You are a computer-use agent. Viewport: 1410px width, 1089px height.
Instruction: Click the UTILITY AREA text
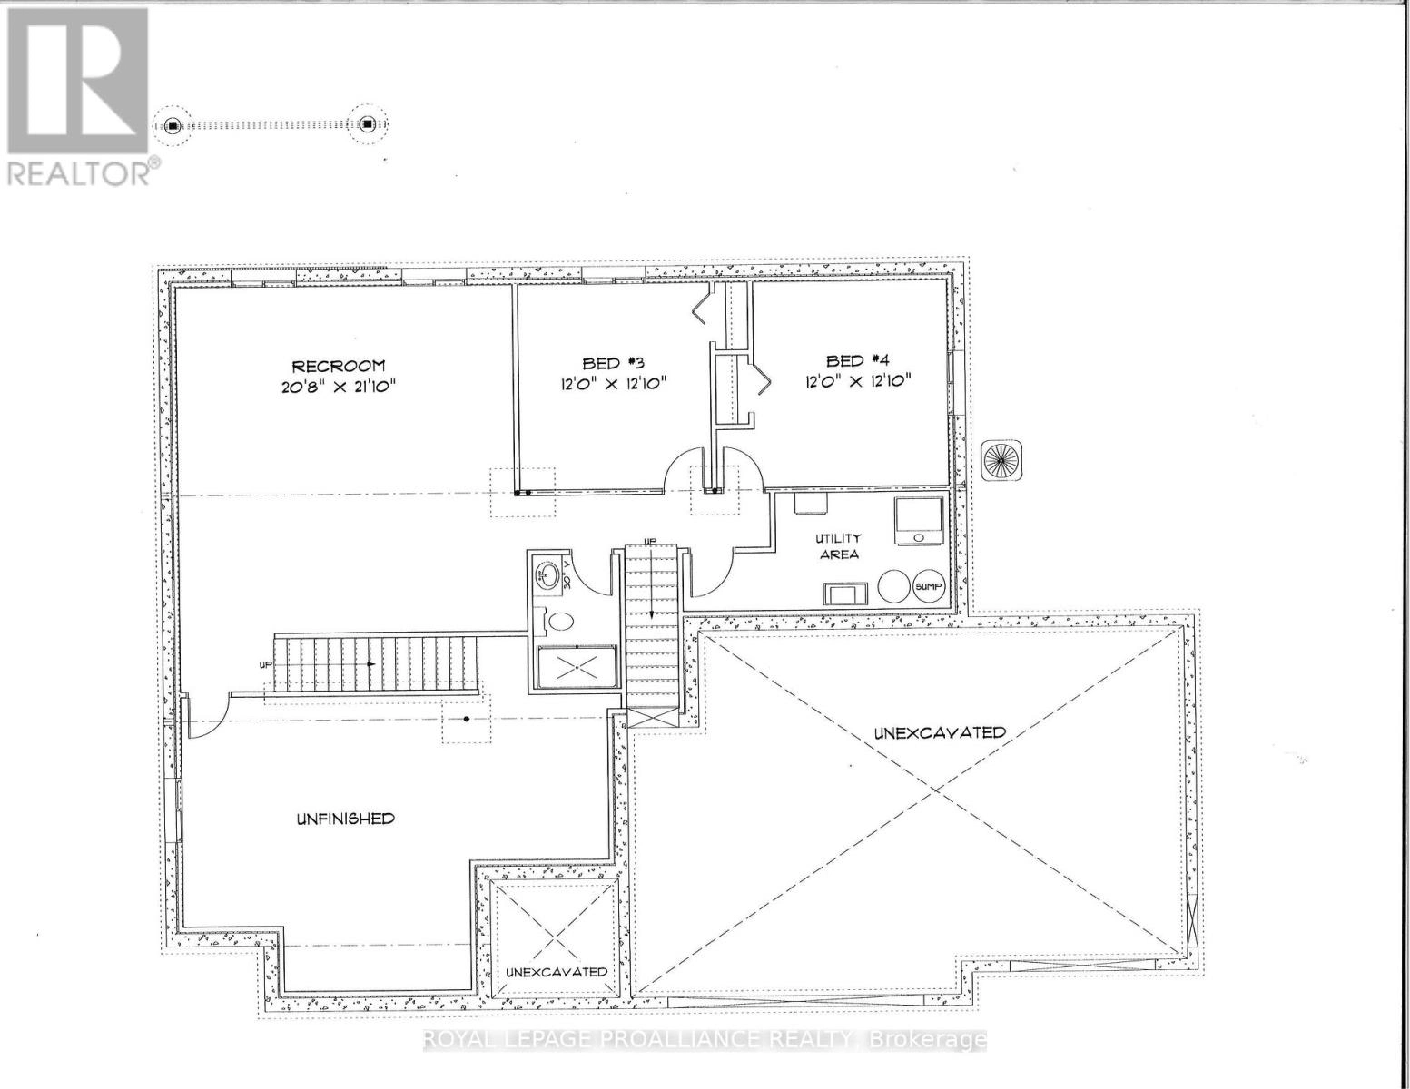click(837, 546)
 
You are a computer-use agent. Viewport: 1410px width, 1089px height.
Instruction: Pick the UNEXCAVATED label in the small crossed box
click(557, 971)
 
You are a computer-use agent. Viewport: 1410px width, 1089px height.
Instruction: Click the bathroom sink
click(547, 574)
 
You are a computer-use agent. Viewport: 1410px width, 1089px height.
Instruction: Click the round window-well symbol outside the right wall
click(1001, 460)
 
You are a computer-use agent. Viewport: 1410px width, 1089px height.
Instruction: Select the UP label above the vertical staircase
click(649, 542)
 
